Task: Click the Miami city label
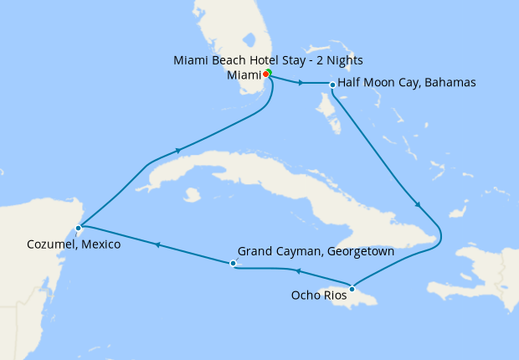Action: click(244, 75)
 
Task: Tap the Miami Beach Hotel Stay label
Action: click(267, 60)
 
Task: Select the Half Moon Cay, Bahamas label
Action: click(407, 83)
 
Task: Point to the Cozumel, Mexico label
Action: click(73, 244)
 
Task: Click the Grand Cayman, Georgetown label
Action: click(316, 251)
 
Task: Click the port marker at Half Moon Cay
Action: click(332, 85)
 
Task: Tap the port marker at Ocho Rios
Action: click(352, 289)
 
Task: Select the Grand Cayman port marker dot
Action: click(233, 264)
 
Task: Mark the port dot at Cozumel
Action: click(78, 227)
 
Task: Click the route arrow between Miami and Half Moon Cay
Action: click(299, 82)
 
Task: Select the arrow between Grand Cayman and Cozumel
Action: click(156, 244)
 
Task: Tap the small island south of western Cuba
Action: click(193, 194)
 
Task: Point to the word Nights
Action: click(344, 60)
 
